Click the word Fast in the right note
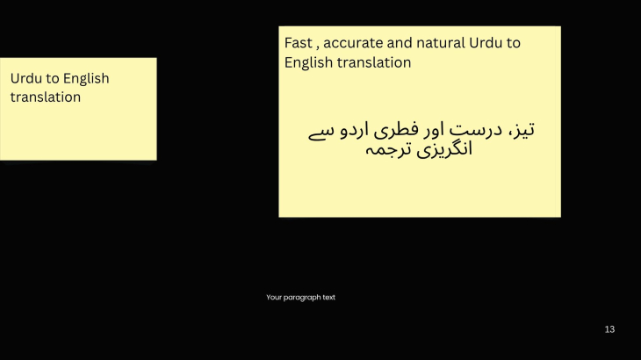299,42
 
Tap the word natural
441,42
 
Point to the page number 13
609,329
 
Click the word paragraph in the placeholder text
301,298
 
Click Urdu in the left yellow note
25,78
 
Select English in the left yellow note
86,78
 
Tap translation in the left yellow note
46,97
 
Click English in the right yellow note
308,63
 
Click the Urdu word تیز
524,130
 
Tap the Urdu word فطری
391,130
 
